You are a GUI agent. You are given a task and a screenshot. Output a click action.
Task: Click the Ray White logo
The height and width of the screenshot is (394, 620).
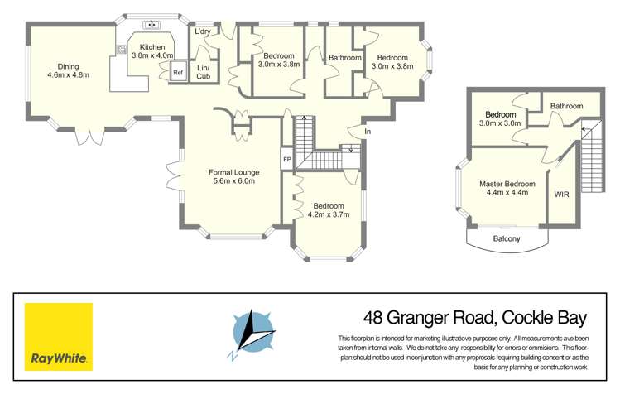click(x=58, y=337)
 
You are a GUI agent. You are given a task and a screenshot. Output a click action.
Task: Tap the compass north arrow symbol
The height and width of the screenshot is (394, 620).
click(x=253, y=334)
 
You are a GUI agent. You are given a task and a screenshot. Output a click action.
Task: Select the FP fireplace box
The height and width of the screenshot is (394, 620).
click(x=287, y=159)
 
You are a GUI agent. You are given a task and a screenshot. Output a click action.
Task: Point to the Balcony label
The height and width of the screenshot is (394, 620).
click(x=507, y=239)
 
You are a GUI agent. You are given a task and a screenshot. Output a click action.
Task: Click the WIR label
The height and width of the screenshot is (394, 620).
click(x=561, y=195)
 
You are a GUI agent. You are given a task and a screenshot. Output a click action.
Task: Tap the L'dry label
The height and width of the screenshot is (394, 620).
click(x=202, y=31)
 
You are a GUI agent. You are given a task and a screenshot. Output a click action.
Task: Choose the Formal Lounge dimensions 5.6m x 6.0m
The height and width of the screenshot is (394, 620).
click(x=233, y=180)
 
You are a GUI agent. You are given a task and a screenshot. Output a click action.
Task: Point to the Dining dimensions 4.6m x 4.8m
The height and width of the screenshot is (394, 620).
click(x=68, y=75)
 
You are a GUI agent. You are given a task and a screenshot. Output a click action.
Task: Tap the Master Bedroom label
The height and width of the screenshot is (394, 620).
click(x=507, y=184)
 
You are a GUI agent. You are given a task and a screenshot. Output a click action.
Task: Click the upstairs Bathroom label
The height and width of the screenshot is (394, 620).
click(x=566, y=106)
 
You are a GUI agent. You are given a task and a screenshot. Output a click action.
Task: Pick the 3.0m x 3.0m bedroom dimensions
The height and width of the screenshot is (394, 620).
click(x=501, y=123)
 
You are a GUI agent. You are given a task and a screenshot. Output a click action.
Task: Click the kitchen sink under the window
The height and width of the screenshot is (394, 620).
click(x=151, y=24)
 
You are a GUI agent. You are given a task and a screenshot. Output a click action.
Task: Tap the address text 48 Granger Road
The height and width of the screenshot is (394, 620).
click(x=429, y=317)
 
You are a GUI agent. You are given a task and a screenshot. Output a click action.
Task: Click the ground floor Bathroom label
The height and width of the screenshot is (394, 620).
click(x=344, y=58)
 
